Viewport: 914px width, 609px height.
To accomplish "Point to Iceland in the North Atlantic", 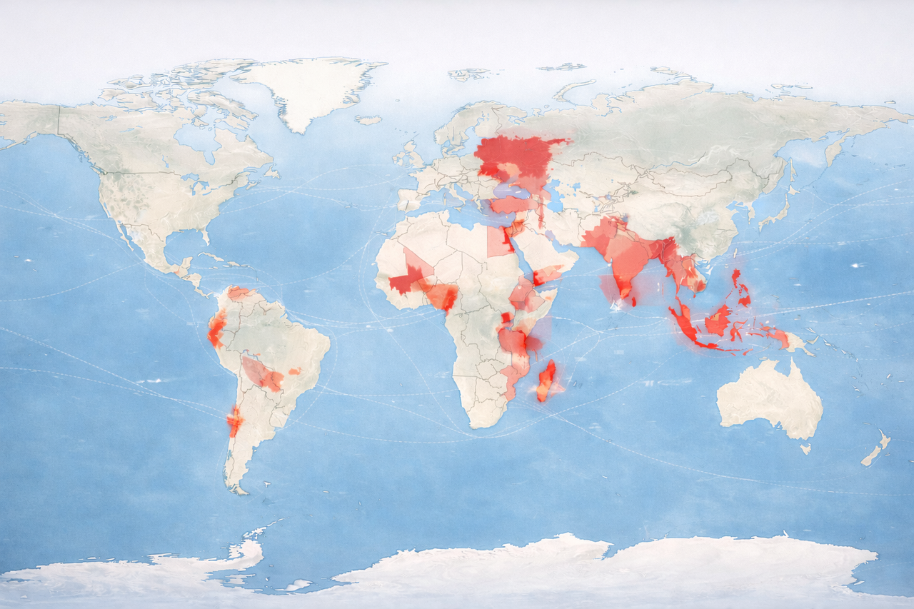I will pos(368,120).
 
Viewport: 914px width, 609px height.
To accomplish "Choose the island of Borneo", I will pos(718,318).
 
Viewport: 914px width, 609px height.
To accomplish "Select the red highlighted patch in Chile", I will pos(233,422).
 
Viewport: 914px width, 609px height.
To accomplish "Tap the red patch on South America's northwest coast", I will pos(216,328).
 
